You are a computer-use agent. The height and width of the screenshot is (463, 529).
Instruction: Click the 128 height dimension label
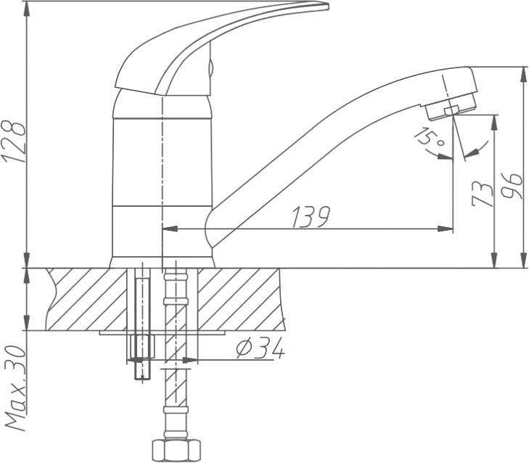tap(13, 142)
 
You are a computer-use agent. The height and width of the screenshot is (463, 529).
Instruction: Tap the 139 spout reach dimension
tap(311, 217)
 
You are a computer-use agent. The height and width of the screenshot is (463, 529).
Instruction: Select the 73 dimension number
tap(480, 194)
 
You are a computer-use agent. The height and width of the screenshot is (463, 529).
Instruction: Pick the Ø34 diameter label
tap(260, 349)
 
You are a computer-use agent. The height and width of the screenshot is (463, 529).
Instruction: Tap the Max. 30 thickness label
tap(16, 388)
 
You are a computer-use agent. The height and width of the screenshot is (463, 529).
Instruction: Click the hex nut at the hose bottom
tap(175, 451)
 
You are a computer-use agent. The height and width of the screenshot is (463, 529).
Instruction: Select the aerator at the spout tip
tap(451, 107)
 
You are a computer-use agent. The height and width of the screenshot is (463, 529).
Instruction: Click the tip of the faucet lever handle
tap(327, 6)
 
